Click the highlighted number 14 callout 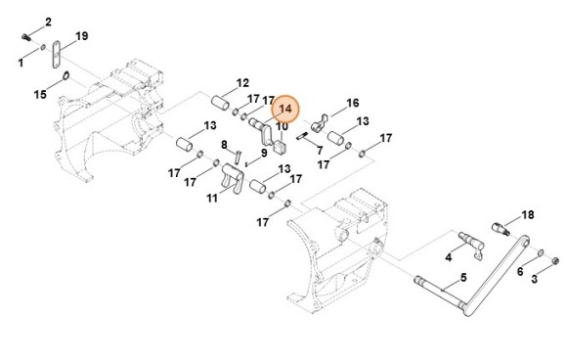(284, 109)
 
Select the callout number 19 (82, 36)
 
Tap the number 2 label (48, 22)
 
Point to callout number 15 (40, 95)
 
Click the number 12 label (242, 83)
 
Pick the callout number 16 (353, 103)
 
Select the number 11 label (212, 198)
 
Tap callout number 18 (528, 215)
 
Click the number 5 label (463, 278)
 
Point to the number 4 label (449, 257)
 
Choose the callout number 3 (534, 279)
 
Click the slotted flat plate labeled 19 (56, 54)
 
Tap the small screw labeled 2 (25, 36)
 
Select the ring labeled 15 (65, 76)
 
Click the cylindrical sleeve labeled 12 (220, 103)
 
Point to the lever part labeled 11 (234, 177)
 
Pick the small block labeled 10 (281, 147)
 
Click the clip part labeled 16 (319, 124)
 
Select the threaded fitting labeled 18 (501, 229)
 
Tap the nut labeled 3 (556, 260)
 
